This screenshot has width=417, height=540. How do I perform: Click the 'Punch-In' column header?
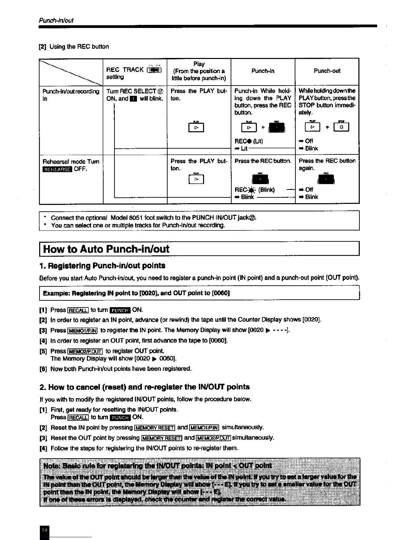[263, 71]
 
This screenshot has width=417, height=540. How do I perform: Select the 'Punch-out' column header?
[327, 71]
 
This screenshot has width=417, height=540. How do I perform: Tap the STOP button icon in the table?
[341, 127]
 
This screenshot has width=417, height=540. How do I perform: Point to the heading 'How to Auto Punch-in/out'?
[106, 249]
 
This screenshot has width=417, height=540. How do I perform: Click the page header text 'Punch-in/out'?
[56, 20]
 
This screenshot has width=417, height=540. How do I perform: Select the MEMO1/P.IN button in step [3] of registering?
[83, 331]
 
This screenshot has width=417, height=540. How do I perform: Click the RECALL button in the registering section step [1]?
[78, 310]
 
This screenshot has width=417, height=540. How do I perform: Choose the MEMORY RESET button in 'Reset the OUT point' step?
[161, 438]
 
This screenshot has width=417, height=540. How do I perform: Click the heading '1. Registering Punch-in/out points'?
[102, 266]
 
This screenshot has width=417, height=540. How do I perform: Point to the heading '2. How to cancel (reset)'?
[144, 387]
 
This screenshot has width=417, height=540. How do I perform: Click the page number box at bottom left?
[44, 531]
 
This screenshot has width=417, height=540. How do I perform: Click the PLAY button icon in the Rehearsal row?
[196, 179]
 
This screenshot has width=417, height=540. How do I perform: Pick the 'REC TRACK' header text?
[125, 70]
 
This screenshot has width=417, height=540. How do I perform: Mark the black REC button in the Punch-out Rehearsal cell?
[326, 179]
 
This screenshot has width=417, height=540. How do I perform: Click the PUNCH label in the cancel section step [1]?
[121, 418]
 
